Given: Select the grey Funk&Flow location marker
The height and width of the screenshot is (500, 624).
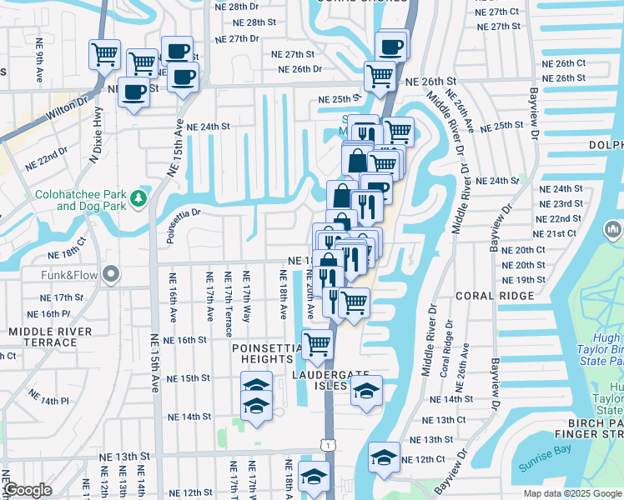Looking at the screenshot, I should coord(110,275).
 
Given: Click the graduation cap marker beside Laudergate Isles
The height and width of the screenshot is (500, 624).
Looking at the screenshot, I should coord(365,390).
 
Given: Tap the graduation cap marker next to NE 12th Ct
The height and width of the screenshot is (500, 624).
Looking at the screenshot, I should coord(384,457).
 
